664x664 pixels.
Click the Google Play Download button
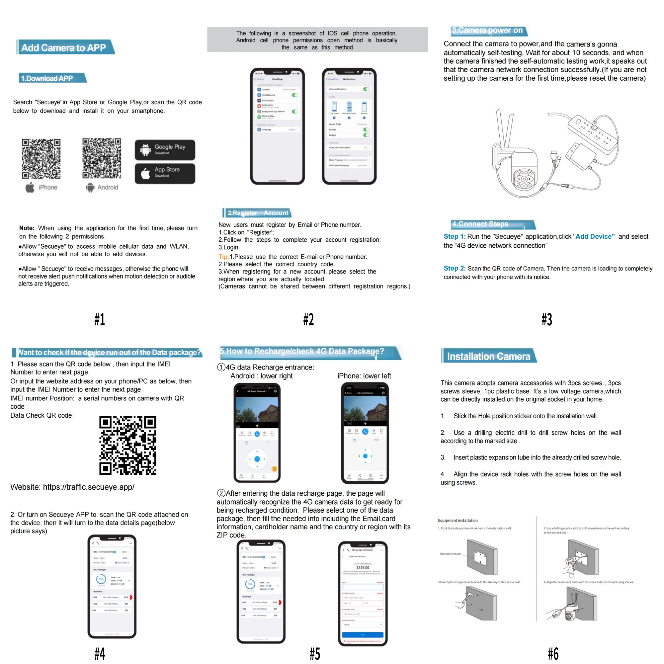[x=165, y=149]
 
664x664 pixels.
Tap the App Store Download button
[x=165, y=173]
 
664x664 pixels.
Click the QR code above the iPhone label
[x=41, y=158]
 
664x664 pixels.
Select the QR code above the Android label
[x=102, y=158]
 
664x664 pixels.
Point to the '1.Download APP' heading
[x=47, y=78]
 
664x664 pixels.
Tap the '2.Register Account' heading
[x=258, y=213]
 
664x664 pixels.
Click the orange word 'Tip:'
[x=223, y=257]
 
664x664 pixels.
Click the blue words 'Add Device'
[x=595, y=236]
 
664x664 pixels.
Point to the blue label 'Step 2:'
[x=455, y=268]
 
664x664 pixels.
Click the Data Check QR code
[x=127, y=445]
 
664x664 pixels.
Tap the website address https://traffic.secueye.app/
[x=89, y=487]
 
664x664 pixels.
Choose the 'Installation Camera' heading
[x=488, y=356]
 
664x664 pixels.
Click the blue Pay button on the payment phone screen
[x=363, y=634]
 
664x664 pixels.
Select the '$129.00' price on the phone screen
[x=363, y=567]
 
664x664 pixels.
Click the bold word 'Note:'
[x=27, y=228]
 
